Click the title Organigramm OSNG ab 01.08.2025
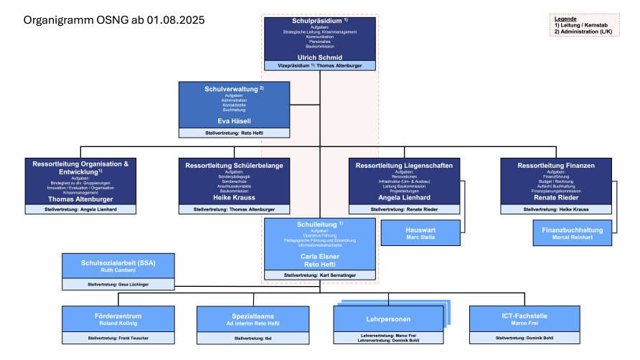pos(114,20)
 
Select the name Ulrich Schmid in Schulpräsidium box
pos(319,56)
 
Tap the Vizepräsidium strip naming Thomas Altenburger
pos(319,65)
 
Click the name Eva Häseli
pos(233,122)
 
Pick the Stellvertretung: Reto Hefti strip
pos(233,133)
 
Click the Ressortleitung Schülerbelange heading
pos(233,166)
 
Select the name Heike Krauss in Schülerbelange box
pos(233,197)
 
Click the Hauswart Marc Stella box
pos(421,233)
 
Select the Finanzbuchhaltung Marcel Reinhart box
pos(572,233)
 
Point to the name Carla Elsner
pos(319,255)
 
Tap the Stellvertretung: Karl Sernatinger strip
pos(319,275)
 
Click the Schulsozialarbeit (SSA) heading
pos(118,262)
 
